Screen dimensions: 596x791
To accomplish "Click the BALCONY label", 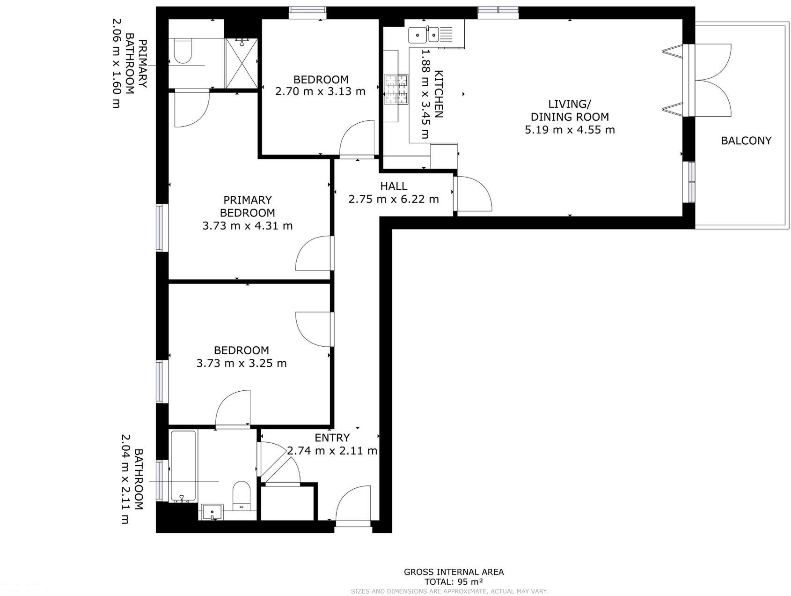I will point(746,141).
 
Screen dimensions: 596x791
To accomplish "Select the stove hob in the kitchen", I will point(396,89).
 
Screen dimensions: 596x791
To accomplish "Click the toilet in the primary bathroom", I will point(183,51).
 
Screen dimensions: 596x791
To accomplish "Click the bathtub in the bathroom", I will point(183,466).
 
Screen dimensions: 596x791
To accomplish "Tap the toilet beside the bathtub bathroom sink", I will point(242,495).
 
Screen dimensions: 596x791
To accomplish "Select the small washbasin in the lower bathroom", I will point(213,512).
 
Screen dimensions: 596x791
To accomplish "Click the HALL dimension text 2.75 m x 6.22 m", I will point(394,199).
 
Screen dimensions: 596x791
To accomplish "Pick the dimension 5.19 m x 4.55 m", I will point(570,130).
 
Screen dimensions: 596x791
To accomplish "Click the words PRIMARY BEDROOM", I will point(247,206).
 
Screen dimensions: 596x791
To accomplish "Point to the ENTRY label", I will point(332,438).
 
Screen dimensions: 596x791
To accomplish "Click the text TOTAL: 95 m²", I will point(453,581).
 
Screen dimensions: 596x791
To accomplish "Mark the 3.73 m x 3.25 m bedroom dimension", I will point(242,363).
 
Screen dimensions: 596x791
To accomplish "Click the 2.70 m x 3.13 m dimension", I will point(320,91).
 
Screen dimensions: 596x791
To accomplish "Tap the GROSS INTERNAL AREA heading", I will point(454,572).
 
